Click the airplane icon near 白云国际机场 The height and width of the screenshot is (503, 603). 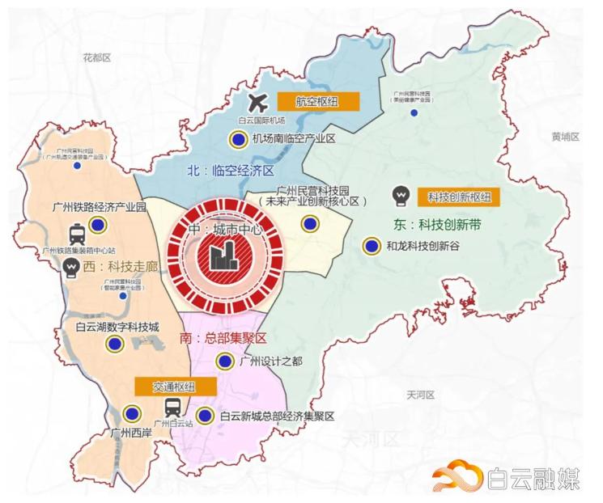pyautogui.click(x=259, y=103)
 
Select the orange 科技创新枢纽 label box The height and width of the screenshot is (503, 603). pyautogui.click(x=458, y=197)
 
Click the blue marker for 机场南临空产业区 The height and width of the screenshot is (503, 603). pyautogui.click(x=238, y=139)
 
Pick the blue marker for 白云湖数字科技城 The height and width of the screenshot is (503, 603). pyautogui.click(x=114, y=344)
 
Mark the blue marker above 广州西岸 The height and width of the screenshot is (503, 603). pyautogui.click(x=125, y=414)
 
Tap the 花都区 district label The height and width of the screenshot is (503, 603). pyautogui.click(x=98, y=58)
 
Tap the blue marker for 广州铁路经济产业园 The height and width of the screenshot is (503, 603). pyautogui.click(x=98, y=225)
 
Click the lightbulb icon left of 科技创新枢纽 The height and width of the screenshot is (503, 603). pyautogui.click(x=399, y=197)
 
